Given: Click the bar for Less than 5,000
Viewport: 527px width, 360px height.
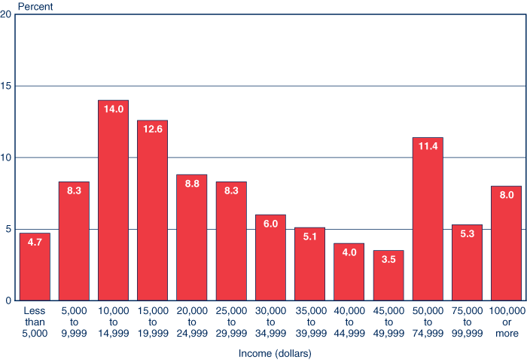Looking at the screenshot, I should (35, 267).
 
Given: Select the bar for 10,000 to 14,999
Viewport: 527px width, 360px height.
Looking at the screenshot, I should (113, 200).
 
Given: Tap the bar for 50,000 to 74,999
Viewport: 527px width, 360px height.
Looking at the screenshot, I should (428, 218).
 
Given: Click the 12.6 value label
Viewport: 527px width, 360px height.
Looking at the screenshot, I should (152, 129).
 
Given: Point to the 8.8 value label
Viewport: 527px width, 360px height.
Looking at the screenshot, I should (191, 183).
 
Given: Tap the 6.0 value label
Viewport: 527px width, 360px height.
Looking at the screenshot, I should (270, 223).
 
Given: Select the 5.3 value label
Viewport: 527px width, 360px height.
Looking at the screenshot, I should (467, 233).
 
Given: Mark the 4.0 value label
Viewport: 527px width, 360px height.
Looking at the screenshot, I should (349, 252).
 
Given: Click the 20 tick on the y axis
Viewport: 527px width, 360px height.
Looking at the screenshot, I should (6, 15).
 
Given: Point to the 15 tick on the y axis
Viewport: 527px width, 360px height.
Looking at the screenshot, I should (6, 87).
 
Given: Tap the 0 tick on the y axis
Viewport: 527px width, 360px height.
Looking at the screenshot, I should (8, 301).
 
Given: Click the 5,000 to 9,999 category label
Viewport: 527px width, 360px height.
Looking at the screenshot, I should (74, 321).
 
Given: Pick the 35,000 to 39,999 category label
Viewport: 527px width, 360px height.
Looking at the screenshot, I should (309, 321).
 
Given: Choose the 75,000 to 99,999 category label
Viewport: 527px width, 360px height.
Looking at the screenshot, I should (467, 321).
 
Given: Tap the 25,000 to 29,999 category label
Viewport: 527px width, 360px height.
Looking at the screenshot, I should (231, 321).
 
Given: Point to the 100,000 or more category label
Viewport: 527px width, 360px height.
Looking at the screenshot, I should (506, 321).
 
